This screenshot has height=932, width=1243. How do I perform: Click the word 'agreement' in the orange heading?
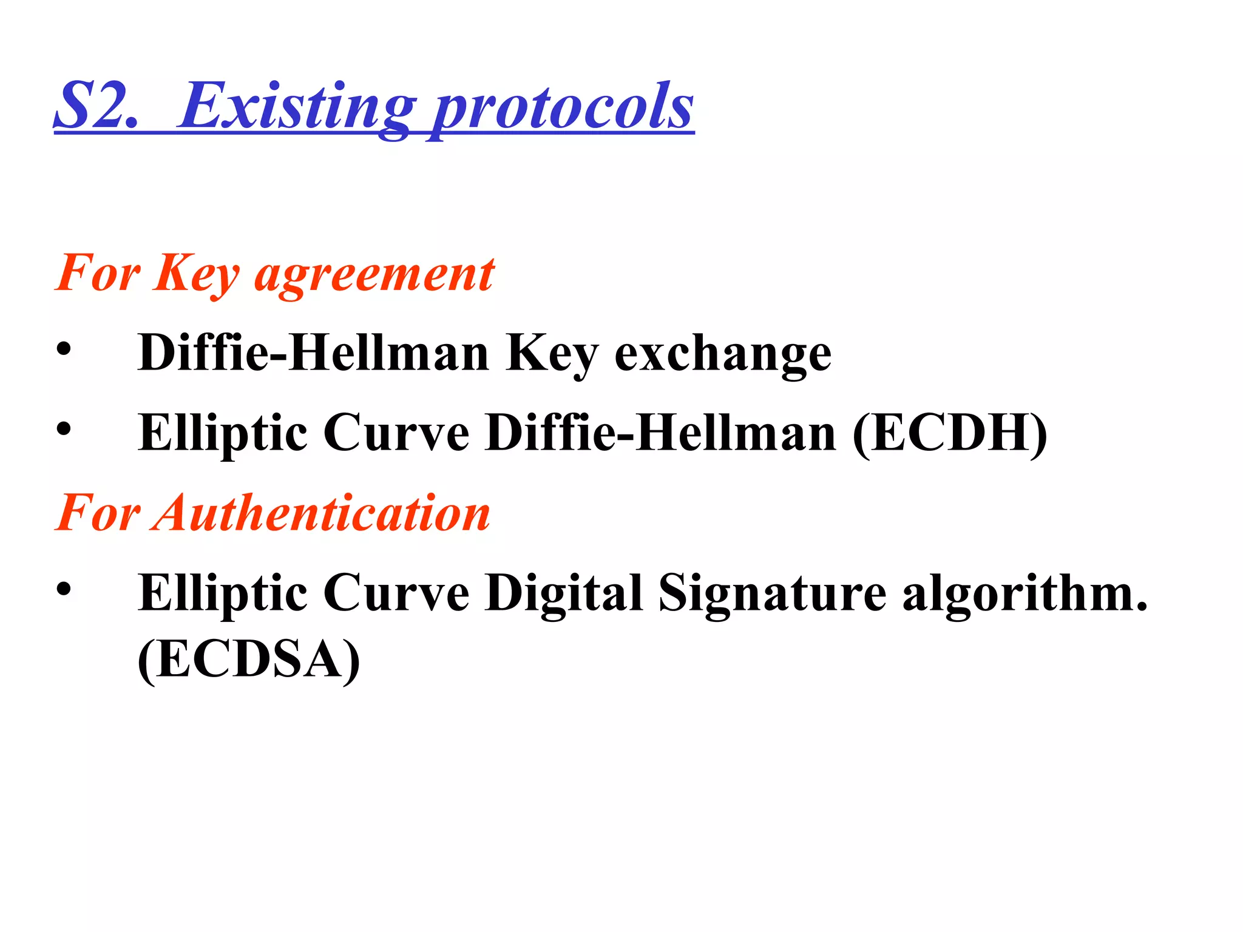(x=374, y=274)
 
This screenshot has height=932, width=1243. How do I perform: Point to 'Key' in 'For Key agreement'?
(x=197, y=274)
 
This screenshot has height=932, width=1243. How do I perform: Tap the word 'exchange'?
(x=723, y=354)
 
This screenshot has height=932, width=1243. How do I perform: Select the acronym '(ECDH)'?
(x=950, y=433)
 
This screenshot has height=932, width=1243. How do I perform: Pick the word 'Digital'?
(x=564, y=593)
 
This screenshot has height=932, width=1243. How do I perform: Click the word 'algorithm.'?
(x=1025, y=593)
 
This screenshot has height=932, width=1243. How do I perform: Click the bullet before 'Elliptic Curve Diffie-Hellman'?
(x=64, y=429)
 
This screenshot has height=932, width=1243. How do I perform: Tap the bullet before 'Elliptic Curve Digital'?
(x=64, y=589)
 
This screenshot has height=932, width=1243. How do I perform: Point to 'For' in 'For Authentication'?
(x=97, y=513)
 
